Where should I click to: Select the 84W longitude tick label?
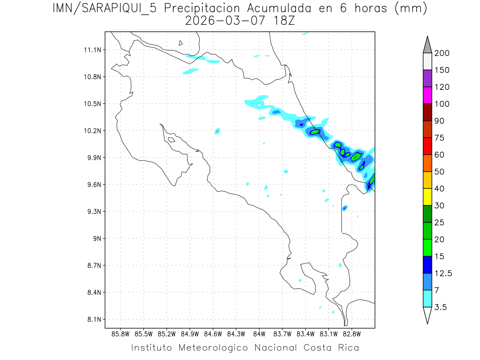click(x=259, y=333)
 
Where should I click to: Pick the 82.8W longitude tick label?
click(x=352, y=333)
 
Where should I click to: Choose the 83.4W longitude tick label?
click(x=305, y=333)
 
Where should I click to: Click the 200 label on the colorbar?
click(x=442, y=53)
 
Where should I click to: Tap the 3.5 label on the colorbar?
click(x=441, y=307)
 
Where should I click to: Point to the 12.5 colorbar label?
click(x=443, y=273)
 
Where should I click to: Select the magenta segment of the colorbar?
click(x=427, y=95)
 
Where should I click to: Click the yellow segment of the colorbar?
click(x=427, y=196)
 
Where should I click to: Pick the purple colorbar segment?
click(x=427, y=78)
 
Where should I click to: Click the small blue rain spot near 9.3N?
click(x=344, y=208)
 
